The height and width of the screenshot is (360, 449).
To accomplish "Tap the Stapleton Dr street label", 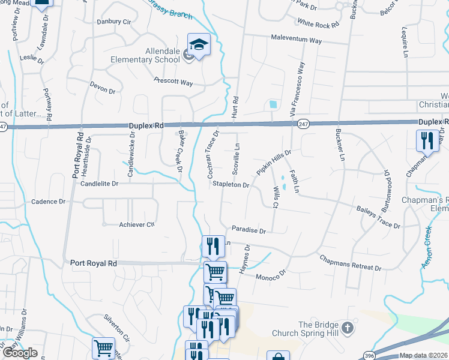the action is (231, 185).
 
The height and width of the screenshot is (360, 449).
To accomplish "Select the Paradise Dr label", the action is (249, 230).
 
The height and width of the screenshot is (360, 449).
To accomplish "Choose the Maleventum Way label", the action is (296, 41).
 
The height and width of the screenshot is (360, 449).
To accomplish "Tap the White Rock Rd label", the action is (319, 24).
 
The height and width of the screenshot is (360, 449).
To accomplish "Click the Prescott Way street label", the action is (173, 81).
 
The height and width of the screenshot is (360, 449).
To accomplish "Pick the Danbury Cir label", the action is (114, 22).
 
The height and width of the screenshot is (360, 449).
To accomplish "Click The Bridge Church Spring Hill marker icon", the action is (348, 328).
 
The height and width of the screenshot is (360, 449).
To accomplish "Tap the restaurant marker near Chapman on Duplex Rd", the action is (427, 141).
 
